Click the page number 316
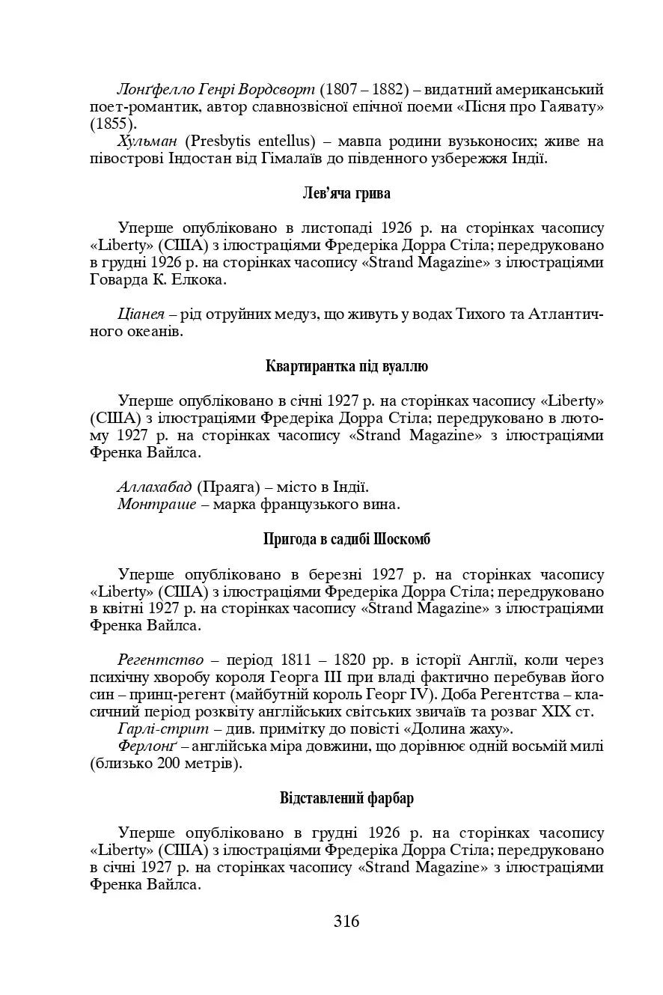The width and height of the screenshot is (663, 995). [346, 922]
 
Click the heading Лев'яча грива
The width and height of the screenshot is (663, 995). [346, 193]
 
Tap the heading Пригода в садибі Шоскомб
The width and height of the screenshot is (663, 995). [346, 539]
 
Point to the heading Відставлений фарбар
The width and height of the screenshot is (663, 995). [346, 798]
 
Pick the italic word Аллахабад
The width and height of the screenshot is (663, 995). [154, 487]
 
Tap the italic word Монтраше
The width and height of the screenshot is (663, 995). [153, 505]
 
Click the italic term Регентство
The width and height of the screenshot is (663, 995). [160, 660]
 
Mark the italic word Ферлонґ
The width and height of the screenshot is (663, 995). [147, 747]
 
